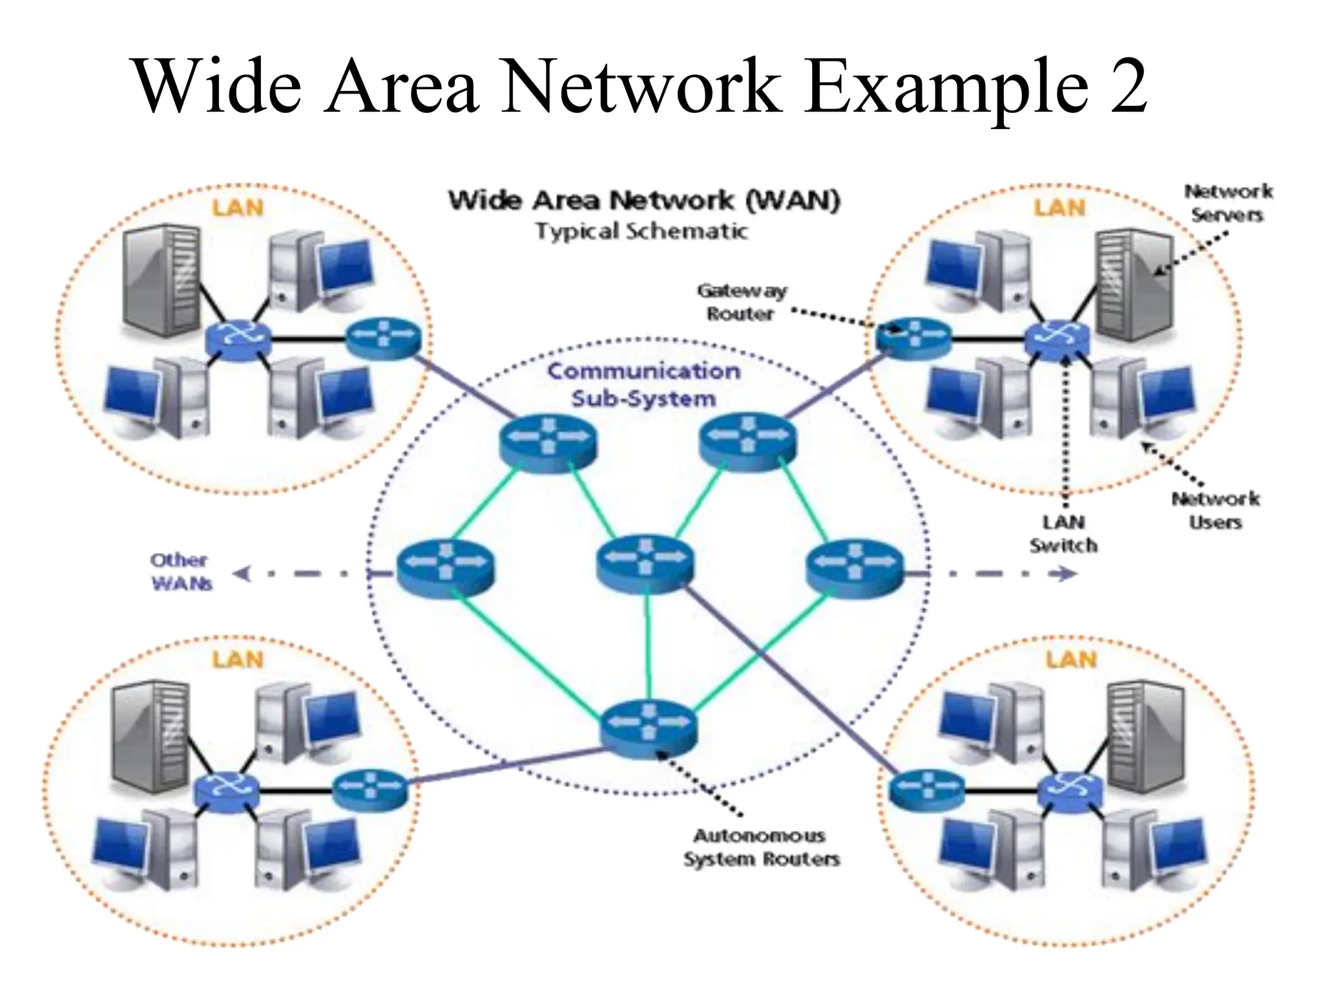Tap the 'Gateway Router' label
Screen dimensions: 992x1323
pos(741,302)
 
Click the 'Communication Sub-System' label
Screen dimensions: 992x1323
pos(644,385)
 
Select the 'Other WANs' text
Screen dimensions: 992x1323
pos(180,572)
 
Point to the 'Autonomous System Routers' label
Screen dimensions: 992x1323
pos(761,847)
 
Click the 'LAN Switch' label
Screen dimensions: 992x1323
pos(1063,533)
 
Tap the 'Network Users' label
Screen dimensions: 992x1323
pos(1215,510)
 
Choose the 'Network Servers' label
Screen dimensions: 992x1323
pos(1227,203)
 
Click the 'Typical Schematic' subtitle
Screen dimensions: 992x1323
pos(641,231)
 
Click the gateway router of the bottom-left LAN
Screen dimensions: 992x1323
pos(370,787)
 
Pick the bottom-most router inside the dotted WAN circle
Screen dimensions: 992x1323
pos(648,728)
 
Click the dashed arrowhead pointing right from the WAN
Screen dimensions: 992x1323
pos(1068,573)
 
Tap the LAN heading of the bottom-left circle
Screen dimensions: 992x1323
pos(238,660)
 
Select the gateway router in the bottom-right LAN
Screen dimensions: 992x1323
pos(926,789)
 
